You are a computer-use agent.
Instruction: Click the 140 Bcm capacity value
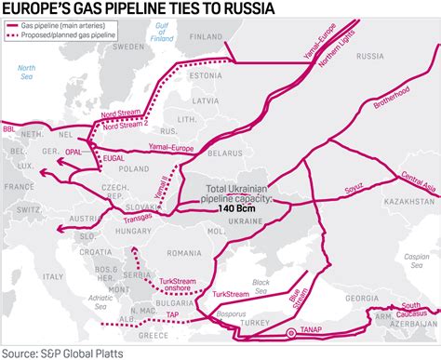pos(237,208)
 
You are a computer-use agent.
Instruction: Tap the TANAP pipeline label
pos(314,331)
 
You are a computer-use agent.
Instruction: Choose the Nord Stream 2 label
pos(126,127)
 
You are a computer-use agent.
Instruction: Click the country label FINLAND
pos(207,38)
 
